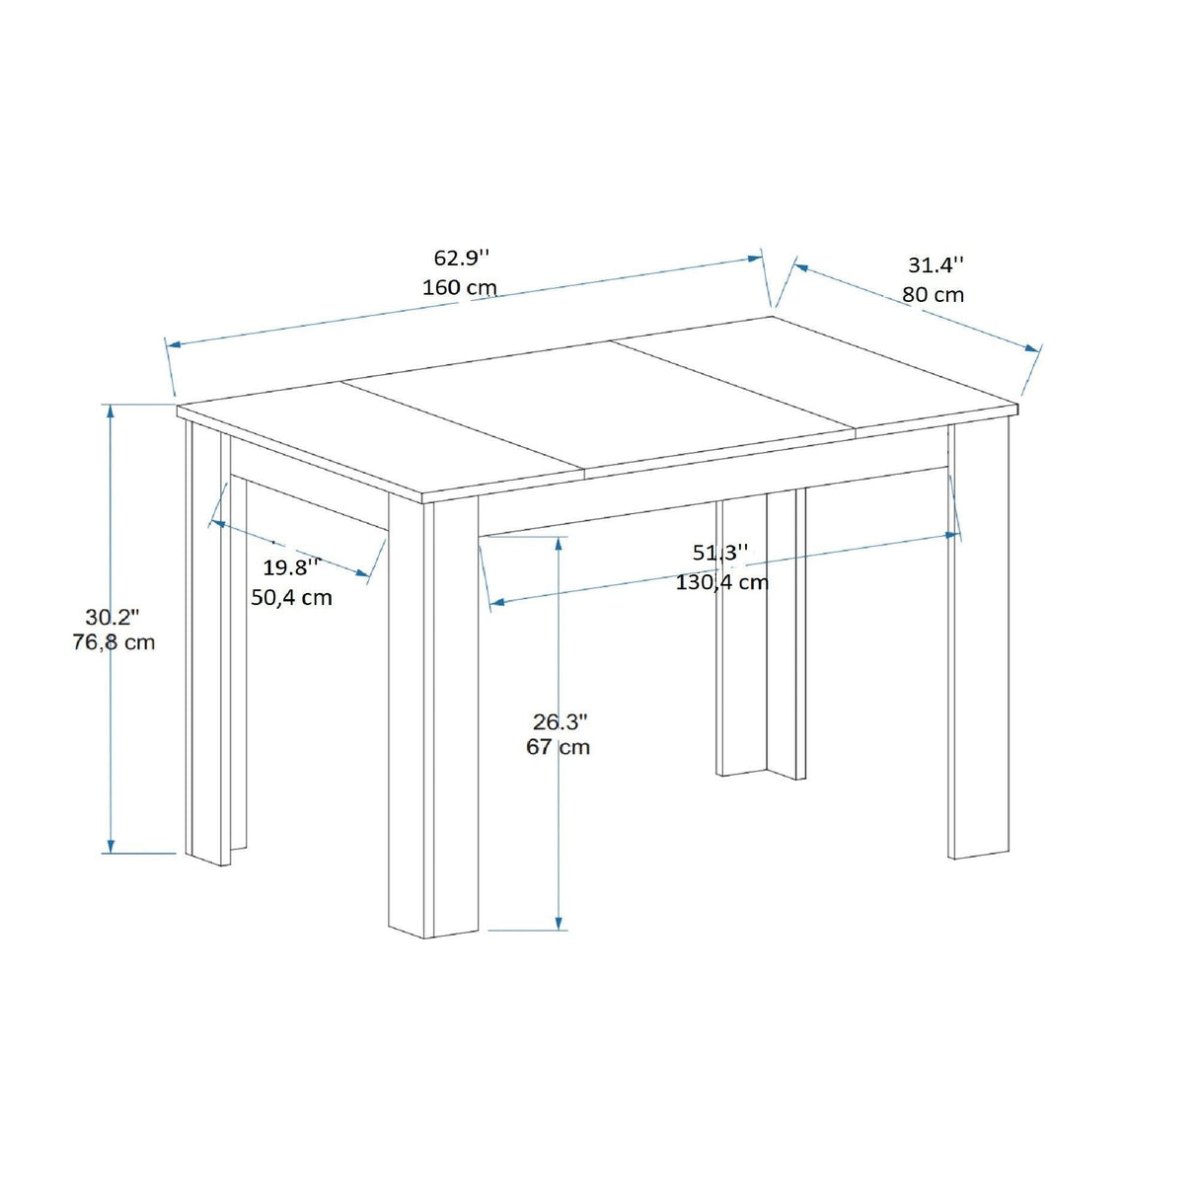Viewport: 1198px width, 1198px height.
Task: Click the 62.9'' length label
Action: click(x=461, y=258)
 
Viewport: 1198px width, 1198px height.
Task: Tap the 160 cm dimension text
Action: click(x=460, y=287)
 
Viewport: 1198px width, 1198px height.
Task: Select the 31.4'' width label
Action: click(x=936, y=265)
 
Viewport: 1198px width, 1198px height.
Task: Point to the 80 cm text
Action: click(x=934, y=295)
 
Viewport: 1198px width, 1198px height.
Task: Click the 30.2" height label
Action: click(x=112, y=618)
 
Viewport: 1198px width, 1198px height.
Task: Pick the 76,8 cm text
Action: click(x=113, y=641)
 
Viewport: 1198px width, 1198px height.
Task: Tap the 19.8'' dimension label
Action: click(x=291, y=567)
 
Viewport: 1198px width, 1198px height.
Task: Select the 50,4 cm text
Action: click(x=291, y=597)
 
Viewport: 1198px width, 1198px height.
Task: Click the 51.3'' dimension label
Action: click(x=721, y=552)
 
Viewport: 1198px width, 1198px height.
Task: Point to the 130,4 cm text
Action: click(x=722, y=582)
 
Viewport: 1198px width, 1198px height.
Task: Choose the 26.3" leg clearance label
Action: click(x=561, y=721)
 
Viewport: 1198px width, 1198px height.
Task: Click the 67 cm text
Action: click(x=559, y=747)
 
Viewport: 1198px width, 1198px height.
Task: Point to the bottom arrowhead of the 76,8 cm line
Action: click(x=111, y=846)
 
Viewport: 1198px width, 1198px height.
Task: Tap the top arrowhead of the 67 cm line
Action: click(x=559, y=544)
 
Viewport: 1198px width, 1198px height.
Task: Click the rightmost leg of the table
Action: click(x=978, y=640)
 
